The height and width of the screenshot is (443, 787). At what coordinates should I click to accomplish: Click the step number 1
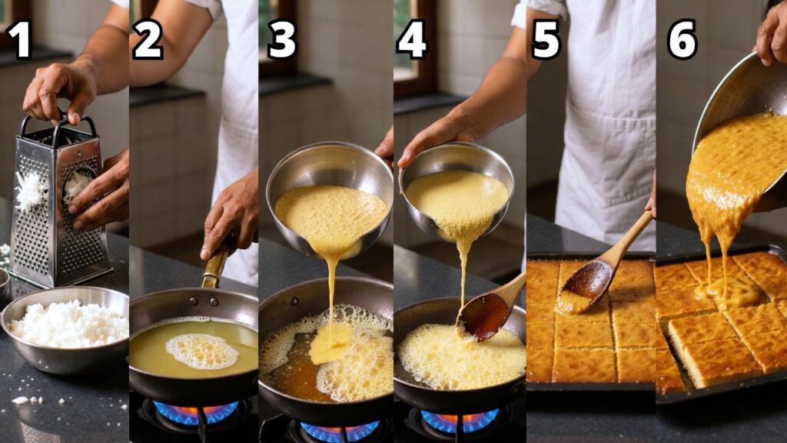(x=19, y=39)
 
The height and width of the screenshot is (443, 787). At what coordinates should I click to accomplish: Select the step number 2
(x=148, y=39)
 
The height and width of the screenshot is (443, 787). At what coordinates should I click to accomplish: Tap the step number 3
(x=281, y=39)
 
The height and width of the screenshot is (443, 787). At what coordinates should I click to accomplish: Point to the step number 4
(x=412, y=39)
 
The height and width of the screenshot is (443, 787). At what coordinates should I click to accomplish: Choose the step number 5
(x=546, y=39)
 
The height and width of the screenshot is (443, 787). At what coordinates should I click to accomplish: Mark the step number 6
(x=682, y=39)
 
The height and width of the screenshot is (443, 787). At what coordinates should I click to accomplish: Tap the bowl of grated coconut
(x=65, y=329)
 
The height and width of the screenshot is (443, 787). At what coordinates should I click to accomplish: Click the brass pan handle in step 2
(x=216, y=265)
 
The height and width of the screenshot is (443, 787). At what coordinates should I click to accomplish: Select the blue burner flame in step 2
(x=196, y=412)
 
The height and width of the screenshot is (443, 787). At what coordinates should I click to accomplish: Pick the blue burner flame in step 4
(x=460, y=419)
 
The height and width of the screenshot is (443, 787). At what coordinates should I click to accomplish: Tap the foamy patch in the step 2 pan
(x=202, y=351)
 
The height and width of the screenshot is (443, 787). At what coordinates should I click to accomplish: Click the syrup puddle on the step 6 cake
(x=728, y=291)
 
